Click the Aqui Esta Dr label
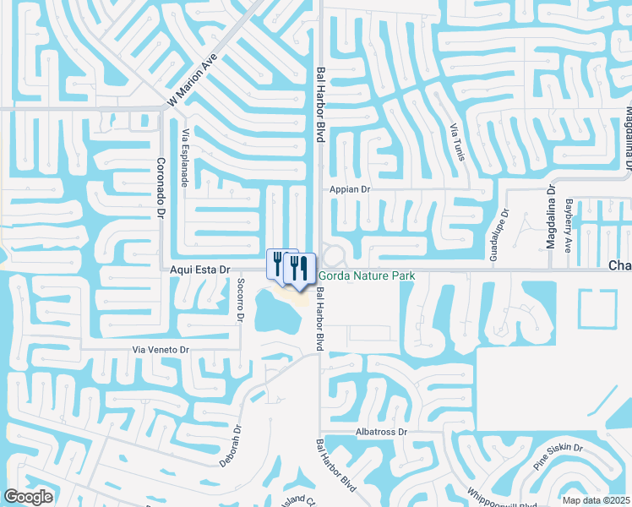tap(200, 269)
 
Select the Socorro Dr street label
tap(240, 300)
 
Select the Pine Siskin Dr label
tap(558, 455)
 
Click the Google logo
tap(29, 497)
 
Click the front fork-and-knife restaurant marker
tap(298, 268)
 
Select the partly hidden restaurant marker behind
tap(275, 263)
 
